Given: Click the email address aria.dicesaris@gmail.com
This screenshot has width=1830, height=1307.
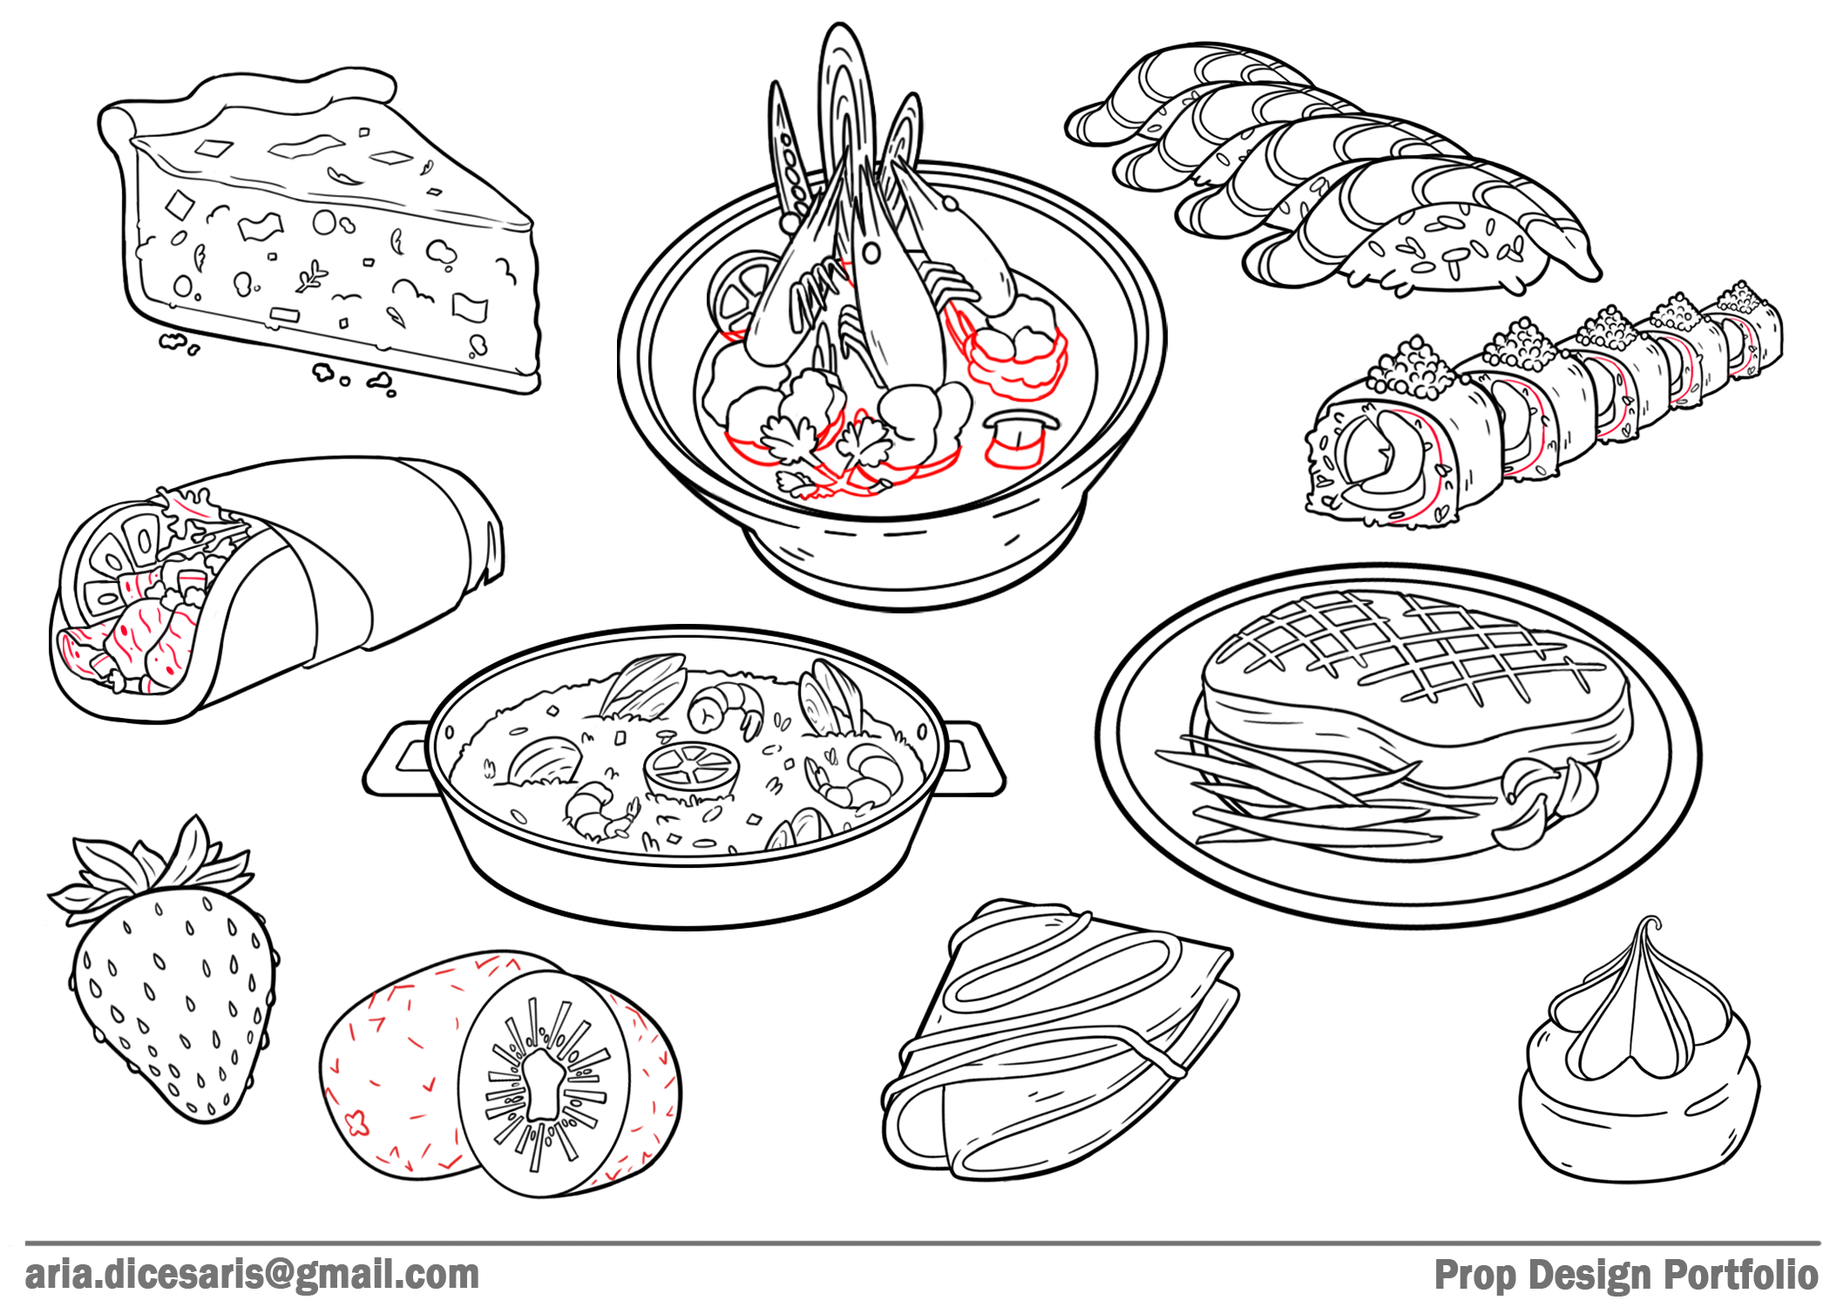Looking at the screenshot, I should click(x=252, y=1275).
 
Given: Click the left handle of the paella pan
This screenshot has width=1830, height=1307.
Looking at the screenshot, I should click(x=396, y=759).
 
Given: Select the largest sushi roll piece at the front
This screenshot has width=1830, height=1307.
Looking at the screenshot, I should click(x=1394, y=453).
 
